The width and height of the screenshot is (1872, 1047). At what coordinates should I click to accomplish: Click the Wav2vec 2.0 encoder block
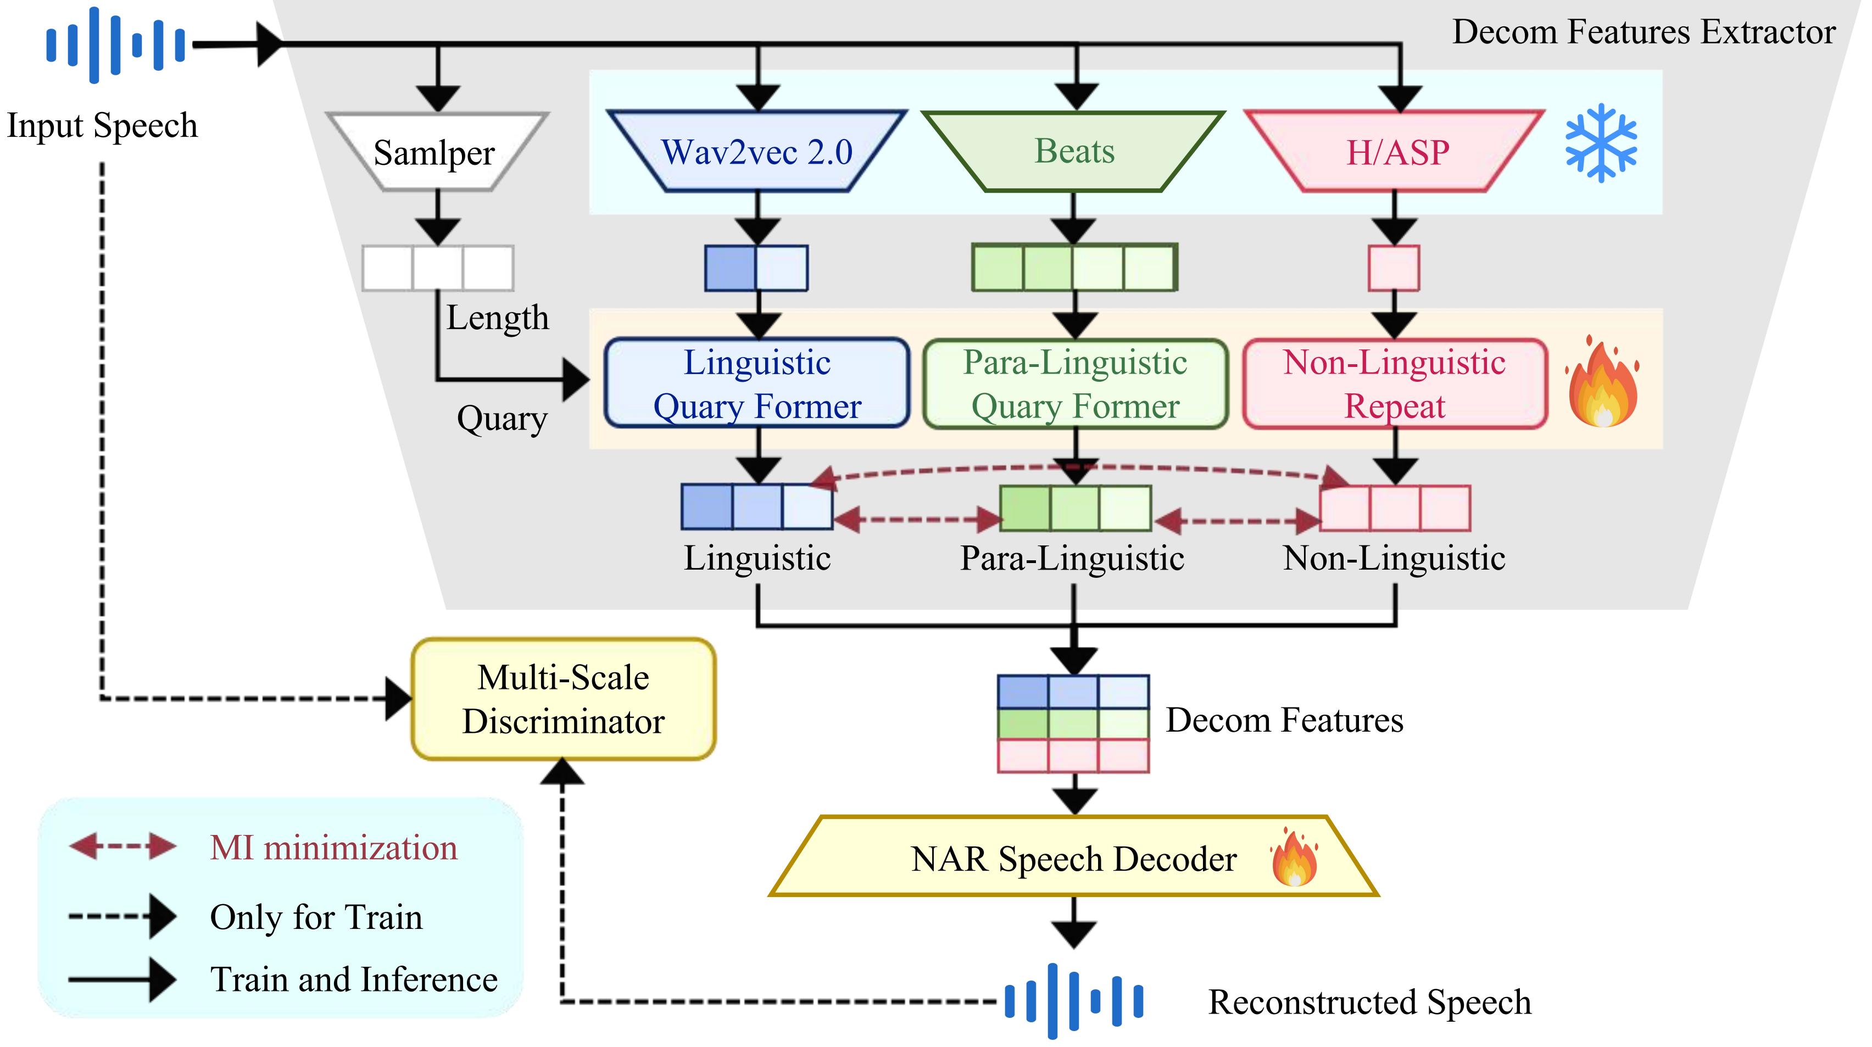tap(756, 151)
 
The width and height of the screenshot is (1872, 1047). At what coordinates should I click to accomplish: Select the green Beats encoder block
tap(1073, 151)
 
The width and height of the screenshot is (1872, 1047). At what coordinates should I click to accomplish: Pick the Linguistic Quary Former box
tap(756, 383)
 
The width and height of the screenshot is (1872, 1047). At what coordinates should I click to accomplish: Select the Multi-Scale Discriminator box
tap(563, 699)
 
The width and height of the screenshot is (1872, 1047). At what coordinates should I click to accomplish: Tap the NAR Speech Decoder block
tap(1073, 857)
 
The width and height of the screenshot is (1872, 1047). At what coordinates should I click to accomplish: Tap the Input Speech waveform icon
tap(115, 44)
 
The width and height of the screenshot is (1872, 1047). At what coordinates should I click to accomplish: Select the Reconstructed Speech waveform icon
tap(1073, 1000)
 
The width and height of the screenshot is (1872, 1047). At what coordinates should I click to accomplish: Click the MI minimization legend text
tap(333, 847)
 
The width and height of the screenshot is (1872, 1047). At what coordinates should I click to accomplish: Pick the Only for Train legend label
tap(316, 916)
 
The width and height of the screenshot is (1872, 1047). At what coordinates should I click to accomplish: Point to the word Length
tap(497, 318)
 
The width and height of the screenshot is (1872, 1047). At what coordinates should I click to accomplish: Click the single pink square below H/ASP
tap(1393, 268)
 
